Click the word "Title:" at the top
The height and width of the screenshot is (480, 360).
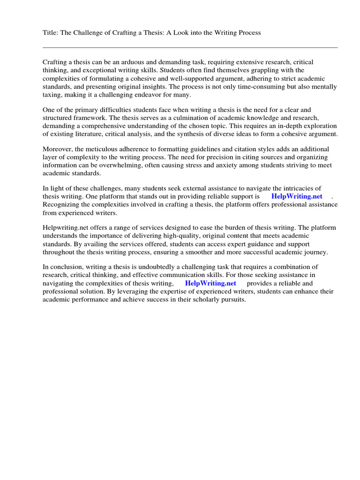(51, 33)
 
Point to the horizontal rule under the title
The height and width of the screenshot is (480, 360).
(190, 47)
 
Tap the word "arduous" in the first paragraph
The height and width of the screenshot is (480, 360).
(137, 62)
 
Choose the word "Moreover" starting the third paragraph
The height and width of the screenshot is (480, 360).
(58, 150)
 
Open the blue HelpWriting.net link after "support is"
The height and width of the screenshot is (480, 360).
(297, 197)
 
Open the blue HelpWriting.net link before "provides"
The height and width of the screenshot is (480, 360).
(210, 284)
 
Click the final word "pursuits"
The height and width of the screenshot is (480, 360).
(231, 300)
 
